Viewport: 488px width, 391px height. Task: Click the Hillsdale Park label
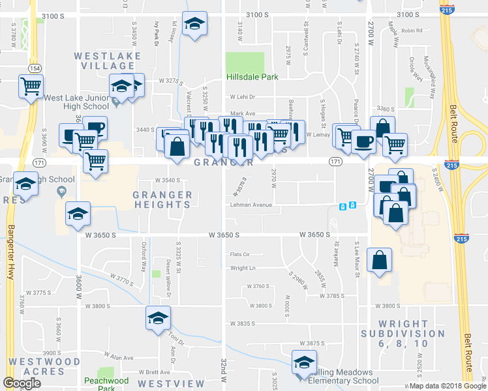(x=252, y=77)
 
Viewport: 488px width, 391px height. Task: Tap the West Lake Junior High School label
(x=76, y=102)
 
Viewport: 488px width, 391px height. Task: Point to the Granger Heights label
(x=162, y=199)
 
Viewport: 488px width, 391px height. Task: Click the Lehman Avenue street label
(x=250, y=205)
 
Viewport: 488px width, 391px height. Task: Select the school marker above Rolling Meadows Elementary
(x=303, y=363)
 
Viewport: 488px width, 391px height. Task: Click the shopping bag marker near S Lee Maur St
(x=379, y=261)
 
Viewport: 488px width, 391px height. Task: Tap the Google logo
(x=22, y=383)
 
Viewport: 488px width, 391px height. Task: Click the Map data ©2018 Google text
(x=446, y=386)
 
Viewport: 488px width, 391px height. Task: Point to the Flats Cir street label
(x=239, y=254)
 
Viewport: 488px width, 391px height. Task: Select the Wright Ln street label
(x=242, y=268)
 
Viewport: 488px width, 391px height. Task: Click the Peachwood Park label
(x=99, y=384)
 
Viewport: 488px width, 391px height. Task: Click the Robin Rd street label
(x=412, y=31)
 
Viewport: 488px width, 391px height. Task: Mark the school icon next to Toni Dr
(x=157, y=319)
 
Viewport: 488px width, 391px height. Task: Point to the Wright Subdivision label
(x=403, y=333)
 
